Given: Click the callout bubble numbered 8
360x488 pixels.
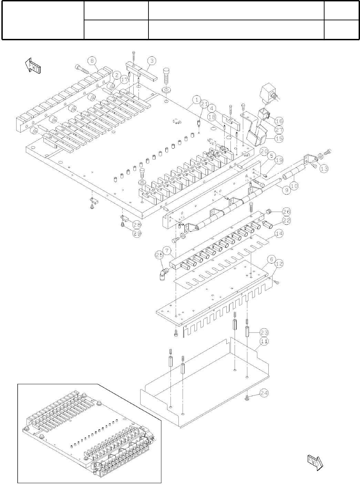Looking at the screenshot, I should (92, 61).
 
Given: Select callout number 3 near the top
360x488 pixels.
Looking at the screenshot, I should (152, 61).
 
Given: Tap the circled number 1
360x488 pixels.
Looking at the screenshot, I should (196, 100).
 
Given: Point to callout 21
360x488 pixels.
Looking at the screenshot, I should (204, 104).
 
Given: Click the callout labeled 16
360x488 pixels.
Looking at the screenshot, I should (279, 121).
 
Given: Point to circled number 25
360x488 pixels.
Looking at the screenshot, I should (160, 255).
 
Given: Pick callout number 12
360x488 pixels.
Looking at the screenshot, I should (279, 264).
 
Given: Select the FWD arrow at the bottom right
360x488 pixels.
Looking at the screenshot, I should (315, 463).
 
